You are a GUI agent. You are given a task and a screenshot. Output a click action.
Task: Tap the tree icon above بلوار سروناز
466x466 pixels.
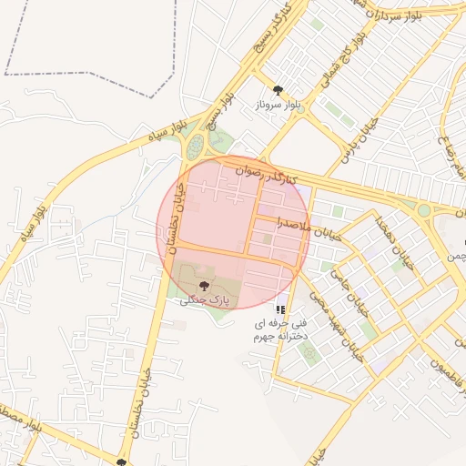pyautogui.click(x=278, y=89)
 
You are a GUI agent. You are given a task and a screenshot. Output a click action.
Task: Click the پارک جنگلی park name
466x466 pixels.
pyautogui.click(x=207, y=299)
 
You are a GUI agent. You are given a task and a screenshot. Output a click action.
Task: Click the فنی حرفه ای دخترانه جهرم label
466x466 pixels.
pyautogui.click(x=280, y=329)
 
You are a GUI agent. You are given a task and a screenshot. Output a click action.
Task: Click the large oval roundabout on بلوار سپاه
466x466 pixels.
pyautogui.click(x=195, y=145)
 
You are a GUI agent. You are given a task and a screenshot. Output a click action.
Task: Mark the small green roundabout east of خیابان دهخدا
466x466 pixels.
pyautogui.click(x=423, y=210)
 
